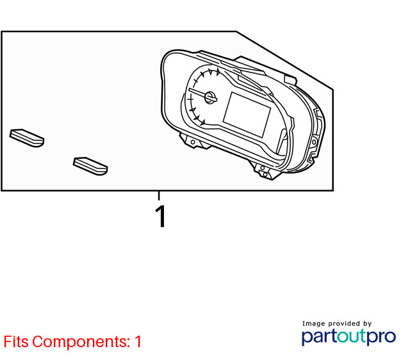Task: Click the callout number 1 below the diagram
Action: (161, 217)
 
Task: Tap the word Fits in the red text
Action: (15, 341)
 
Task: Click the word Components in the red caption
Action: (81, 341)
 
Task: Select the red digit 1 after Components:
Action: (138, 341)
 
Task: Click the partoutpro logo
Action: (348, 337)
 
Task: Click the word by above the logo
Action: (367, 323)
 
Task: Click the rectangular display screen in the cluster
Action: (247, 115)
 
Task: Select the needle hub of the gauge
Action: (209, 97)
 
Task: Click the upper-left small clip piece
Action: (27, 138)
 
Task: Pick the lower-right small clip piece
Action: (90, 166)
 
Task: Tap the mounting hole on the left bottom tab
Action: (193, 142)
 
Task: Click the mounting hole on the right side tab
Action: (314, 142)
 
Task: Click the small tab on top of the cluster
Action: (290, 79)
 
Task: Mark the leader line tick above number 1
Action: (159, 196)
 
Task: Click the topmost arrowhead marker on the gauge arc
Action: (218, 71)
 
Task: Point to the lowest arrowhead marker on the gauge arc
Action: (202, 122)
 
